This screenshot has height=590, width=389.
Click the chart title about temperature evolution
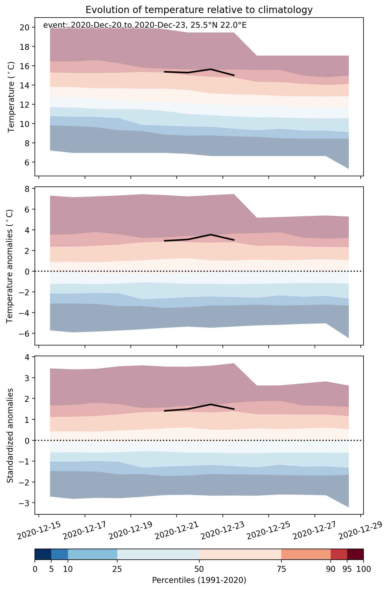199,10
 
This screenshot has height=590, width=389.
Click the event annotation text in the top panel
145,26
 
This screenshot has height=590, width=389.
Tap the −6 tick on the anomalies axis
25,334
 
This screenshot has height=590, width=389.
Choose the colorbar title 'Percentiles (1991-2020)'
199,580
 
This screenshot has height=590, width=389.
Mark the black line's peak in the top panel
211,69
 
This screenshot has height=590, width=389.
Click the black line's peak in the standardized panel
211,404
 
